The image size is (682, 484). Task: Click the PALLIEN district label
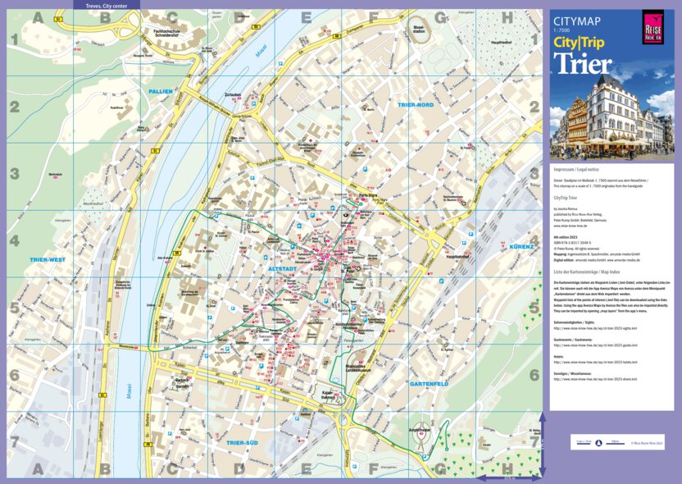(161, 91)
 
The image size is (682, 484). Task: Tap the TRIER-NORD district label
(415, 105)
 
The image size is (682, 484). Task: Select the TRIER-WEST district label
(47, 260)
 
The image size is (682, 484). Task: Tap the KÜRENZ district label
(521, 246)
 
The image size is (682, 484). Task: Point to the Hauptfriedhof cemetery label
(500, 42)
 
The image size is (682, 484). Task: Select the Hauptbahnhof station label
(456, 256)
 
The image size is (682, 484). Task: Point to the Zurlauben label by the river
(232, 94)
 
